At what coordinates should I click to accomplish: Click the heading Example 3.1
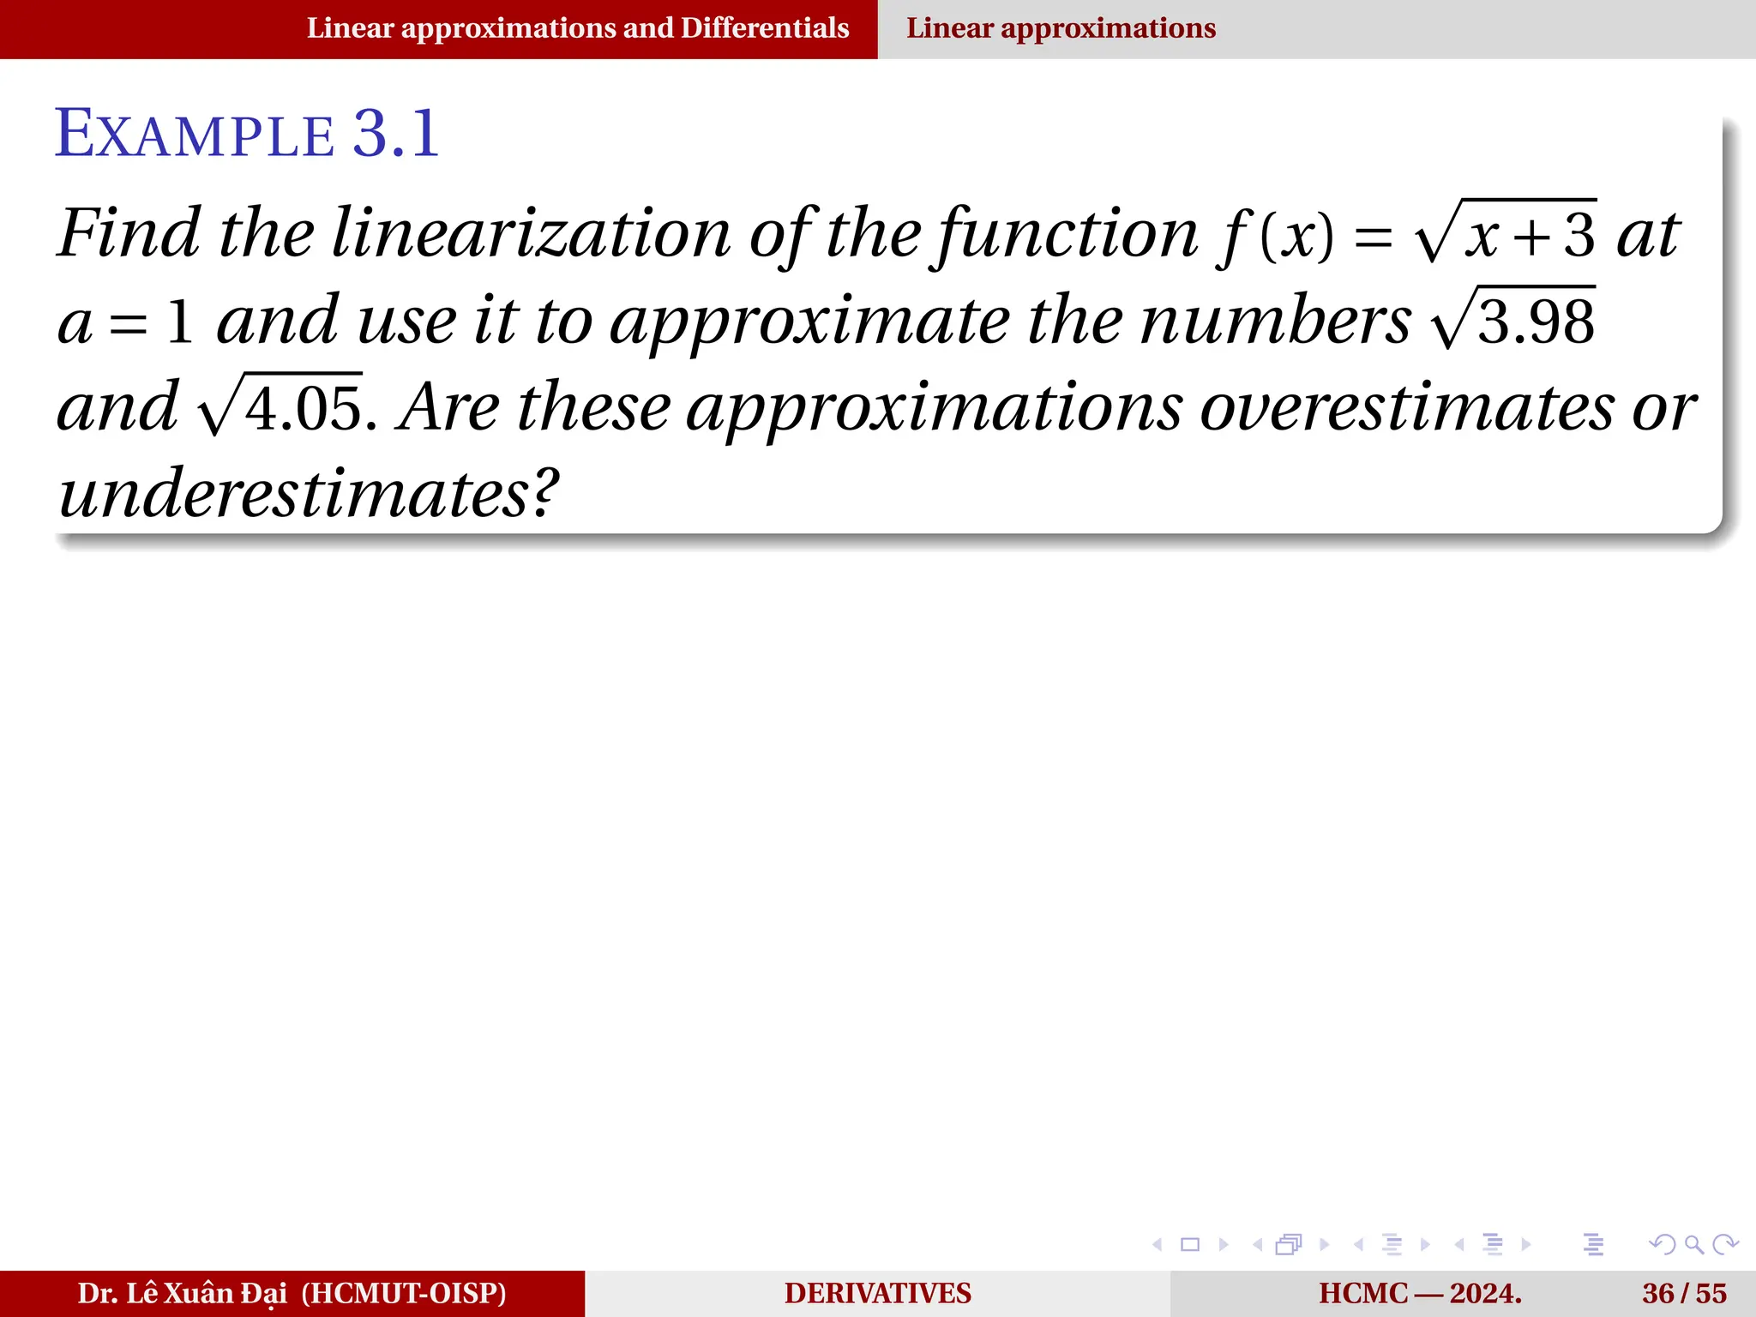pos(247,135)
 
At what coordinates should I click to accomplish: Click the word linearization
pos(531,233)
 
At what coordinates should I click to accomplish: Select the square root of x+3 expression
pos(1506,232)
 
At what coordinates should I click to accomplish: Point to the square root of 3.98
pos(1514,320)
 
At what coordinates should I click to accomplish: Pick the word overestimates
pos(1407,407)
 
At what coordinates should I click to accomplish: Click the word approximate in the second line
pos(809,322)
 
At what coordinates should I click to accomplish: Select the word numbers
pos(1275,322)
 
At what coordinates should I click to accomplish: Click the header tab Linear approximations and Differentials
pos(578,28)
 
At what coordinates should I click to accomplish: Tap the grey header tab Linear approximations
pos(1061,28)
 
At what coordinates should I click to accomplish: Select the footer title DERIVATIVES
pos(877,1293)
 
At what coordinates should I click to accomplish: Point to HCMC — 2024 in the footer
pos(1420,1293)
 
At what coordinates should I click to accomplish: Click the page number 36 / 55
pos(1684,1293)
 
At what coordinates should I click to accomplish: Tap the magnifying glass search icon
pos(1693,1244)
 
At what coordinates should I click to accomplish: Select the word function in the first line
pos(1067,233)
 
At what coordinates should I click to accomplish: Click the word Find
pos(129,233)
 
